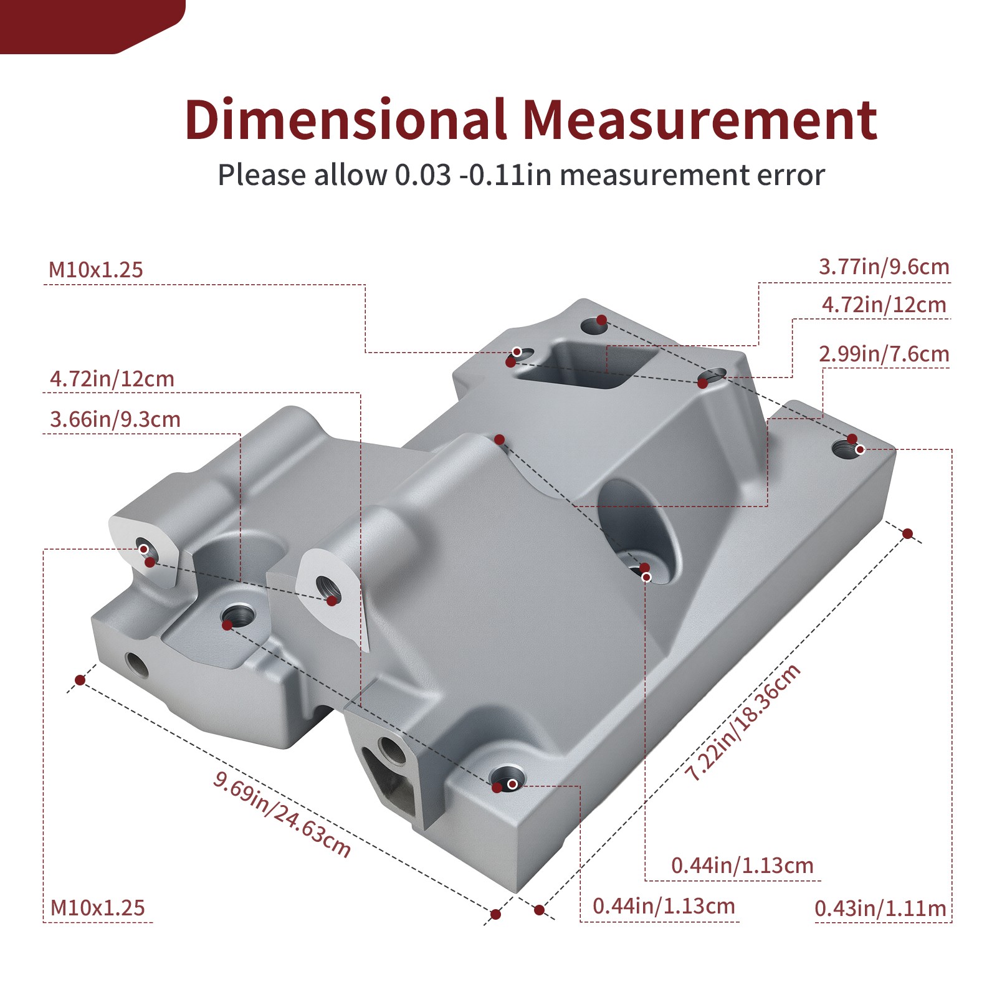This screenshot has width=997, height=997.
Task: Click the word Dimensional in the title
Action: click(345, 120)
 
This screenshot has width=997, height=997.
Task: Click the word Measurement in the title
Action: click(699, 120)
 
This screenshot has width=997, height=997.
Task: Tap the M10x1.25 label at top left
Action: click(96, 270)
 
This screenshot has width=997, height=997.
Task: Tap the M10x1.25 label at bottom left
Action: click(97, 908)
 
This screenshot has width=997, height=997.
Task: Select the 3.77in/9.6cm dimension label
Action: click(884, 267)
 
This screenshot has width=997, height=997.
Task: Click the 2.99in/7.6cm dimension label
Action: click(884, 354)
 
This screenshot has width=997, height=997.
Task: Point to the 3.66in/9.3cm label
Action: click(115, 419)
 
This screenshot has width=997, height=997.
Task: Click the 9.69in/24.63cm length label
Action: click(282, 814)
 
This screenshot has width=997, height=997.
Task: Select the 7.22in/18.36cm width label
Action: click(743, 723)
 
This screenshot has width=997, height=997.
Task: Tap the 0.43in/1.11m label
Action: click(880, 909)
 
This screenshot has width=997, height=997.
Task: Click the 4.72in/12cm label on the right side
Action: click(884, 305)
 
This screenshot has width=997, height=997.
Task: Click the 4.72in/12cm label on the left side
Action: click(112, 379)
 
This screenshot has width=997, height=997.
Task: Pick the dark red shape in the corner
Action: click(87, 25)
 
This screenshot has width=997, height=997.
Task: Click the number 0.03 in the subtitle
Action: click(422, 175)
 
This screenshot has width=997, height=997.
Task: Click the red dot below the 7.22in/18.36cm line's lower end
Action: click(540, 910)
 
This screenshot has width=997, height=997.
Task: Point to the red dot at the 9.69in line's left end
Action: click(80, 679)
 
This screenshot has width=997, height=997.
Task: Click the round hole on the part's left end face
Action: click(136, 665)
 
